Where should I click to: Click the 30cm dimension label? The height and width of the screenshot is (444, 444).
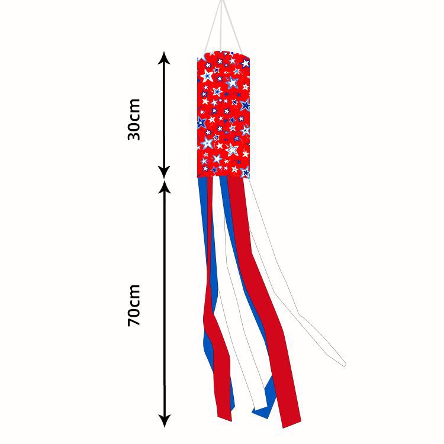(x=135, y=119)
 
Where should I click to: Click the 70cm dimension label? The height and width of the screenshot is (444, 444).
(x=135, y=305)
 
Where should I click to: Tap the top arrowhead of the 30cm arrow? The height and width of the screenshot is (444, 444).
(x=165, y=57)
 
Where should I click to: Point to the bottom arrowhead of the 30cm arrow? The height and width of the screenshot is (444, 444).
(x=165, y=173)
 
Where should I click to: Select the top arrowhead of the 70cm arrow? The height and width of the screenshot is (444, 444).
(x=165, y=186)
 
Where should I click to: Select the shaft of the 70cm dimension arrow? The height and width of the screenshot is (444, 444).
(x=165, y=249)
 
